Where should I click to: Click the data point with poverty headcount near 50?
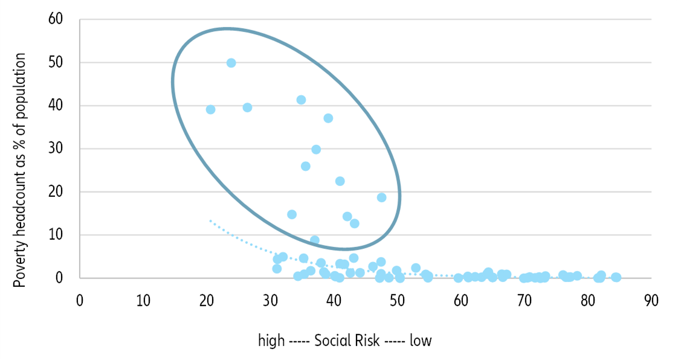pyautogui.click(x=231, y=63)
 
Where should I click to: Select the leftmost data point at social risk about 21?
pyautogui.click(x=210, y=109)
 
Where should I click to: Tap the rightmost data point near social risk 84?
pyautogui.click(x=616, y=277)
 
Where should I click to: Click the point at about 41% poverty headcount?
pyautogui.click(x=301, y=100)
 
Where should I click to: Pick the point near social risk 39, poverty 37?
pyautogui.click(x=328, y=118)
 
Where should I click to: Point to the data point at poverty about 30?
pyautogui.click(x=315, y=149)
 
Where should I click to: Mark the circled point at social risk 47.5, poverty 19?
pyautogui.click(x=381, y=198)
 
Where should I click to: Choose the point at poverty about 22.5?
pyautogui.click(x=340, y=181)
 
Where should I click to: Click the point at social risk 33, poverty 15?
pyautogui.click(x=292, y=214)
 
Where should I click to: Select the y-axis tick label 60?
pyautogui.click(x=56, y=19)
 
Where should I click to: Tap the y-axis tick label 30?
pyautogui.click(x=56, y=149)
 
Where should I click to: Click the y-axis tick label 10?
pyautogui.click(x=56, y=235)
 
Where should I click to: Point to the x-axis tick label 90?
pyautogui.click(x=651, y=300)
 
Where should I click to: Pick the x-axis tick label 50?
pyautogui.click(x=397, y=300)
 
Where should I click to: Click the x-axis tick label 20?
pyautogui.click(x=207, y=300)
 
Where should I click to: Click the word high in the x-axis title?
pyautogui.click(x=271, y=341)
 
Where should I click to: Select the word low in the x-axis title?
pyautogui.click(x=421, y=341)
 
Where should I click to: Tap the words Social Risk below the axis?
pyautogui.click(x=346, y=341)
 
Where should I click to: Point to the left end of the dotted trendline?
pyautogui.click(x=210, y=220)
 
